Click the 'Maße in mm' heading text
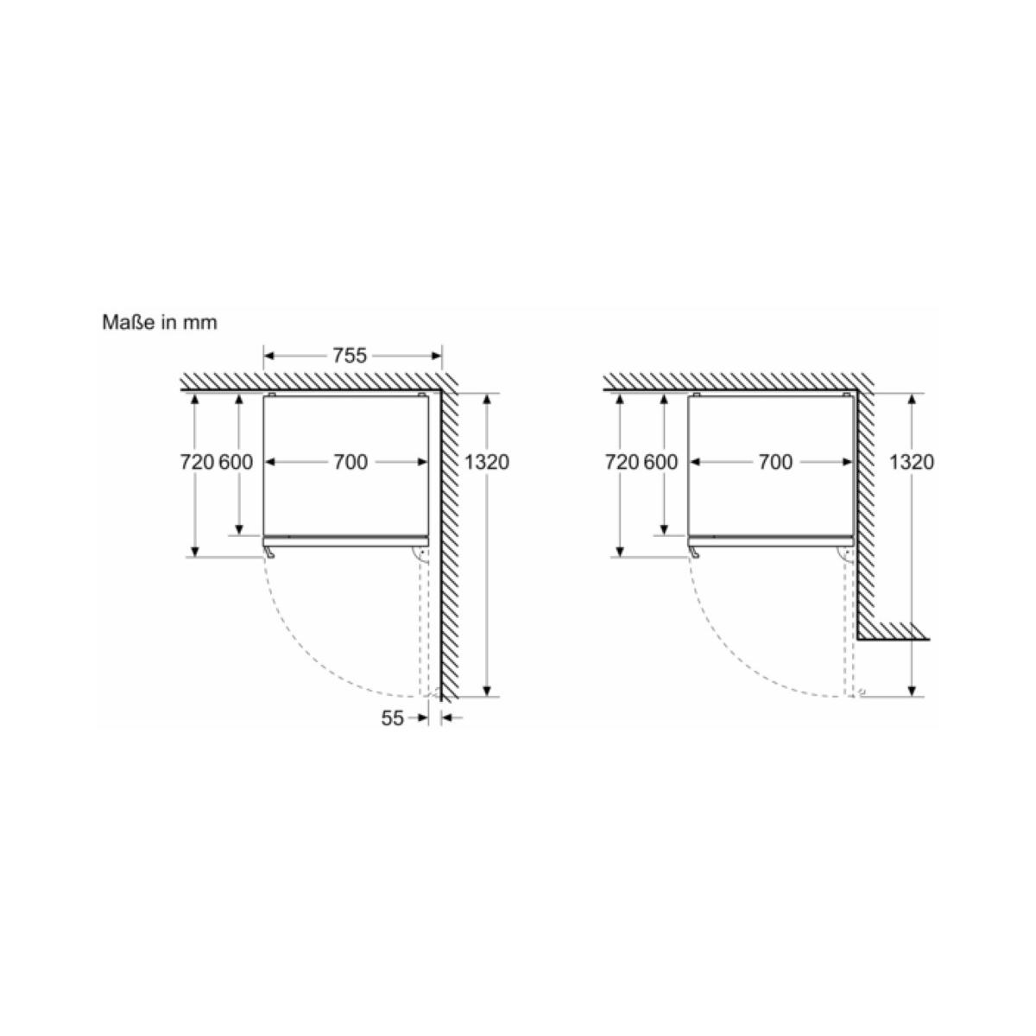160,323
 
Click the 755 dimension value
350,356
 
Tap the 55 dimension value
392,717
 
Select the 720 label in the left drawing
197,462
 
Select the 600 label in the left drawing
236,462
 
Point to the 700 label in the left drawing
351,462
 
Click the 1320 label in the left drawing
487,462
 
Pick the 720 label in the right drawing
622,462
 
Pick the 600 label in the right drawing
660,462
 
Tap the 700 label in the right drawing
775,462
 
